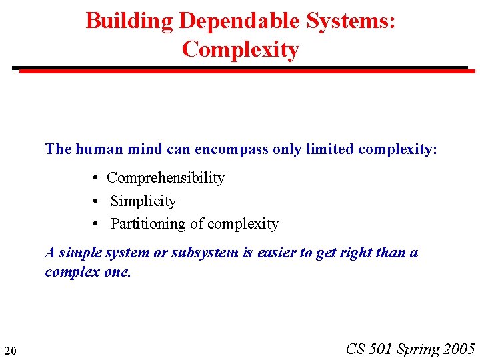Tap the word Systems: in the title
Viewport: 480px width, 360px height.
351,21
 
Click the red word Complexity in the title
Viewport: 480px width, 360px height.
240,49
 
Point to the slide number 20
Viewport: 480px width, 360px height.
10,350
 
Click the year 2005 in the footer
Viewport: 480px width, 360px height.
459,349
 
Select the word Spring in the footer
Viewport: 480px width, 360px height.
418,349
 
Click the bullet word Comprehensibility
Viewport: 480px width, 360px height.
166,178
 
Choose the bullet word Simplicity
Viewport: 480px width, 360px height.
143,201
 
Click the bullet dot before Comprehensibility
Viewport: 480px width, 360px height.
97,179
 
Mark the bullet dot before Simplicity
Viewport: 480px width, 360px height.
97,202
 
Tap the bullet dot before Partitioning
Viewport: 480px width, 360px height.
97,225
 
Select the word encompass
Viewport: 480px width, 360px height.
231,149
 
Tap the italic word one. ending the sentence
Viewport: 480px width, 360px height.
118,273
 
